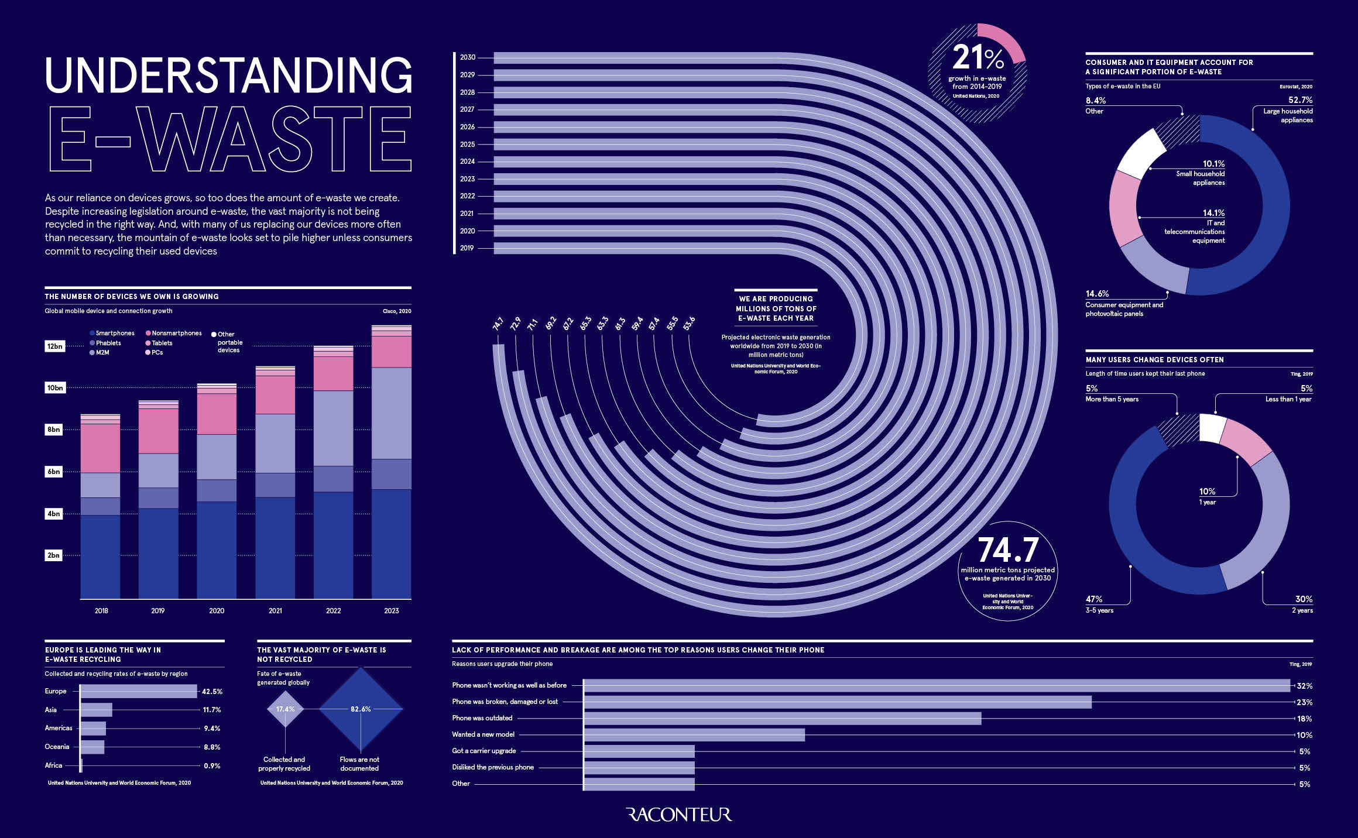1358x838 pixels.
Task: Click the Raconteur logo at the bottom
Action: pos(678,815)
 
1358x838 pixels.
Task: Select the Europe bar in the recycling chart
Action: pos(139,691)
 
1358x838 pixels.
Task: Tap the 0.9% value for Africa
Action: pos(212,765)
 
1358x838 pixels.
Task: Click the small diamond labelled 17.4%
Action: pos(285,709)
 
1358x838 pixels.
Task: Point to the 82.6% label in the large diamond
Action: pos(361,709)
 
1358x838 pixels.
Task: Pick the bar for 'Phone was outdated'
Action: pos(782,718)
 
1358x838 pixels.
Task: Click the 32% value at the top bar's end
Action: pos(1304,686)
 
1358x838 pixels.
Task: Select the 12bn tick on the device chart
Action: pos(54,346)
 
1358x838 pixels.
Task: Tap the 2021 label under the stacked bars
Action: pos(275,610)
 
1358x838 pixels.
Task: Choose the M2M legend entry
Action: pos(102,352)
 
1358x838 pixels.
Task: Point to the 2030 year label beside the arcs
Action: pos(467,57)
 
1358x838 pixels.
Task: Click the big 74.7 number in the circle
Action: pos(1008,550)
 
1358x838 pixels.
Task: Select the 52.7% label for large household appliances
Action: pos(1300,100)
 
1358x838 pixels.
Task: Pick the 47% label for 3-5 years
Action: pos(1093,599)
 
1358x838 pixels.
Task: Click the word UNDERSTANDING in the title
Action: pos(228,74)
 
